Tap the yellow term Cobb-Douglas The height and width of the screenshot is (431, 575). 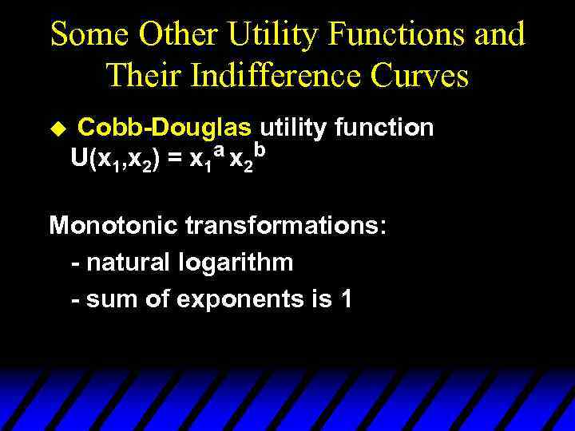tap(165, 128)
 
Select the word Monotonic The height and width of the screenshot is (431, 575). tap(113, 225)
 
